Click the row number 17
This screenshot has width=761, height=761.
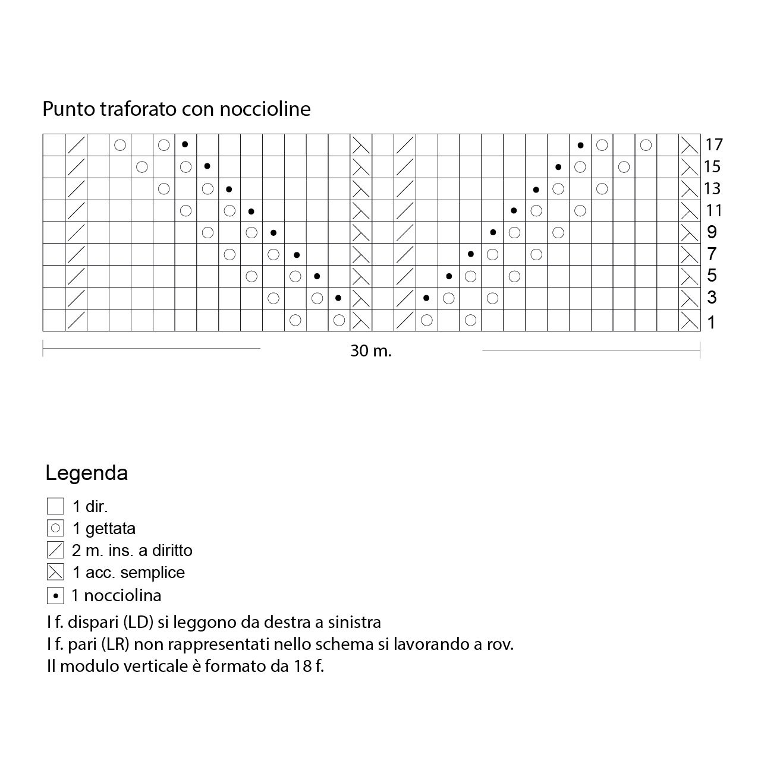click(x=714, y=144)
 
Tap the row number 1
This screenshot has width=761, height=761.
click(x=712, y=323)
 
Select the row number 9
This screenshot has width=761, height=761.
click(x=712, y=232)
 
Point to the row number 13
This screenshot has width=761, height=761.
click(x=712, y=189)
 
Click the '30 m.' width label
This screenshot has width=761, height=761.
click(x=371, y=351)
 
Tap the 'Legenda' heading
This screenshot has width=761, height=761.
click(x=87, y=473)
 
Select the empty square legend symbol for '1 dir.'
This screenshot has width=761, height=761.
click(x=55, y=506)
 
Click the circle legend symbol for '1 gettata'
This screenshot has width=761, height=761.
click(x=55, y=528)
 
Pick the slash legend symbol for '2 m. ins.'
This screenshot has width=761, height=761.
click(x=55, y=550)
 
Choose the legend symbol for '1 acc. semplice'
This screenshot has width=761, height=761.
click(x=55, y=573)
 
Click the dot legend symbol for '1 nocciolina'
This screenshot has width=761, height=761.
click(x=55, y=595)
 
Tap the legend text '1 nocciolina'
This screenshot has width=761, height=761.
click(x=117, y=595)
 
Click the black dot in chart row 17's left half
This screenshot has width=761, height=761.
click(x=185, y=144)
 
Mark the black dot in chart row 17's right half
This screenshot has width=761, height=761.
click(x=580, y=145)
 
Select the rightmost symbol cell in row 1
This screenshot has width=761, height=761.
click(x=690, y=321)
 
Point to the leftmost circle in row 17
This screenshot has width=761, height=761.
click(x=120, y=144)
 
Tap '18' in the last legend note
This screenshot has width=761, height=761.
click(x=301, y=666)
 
